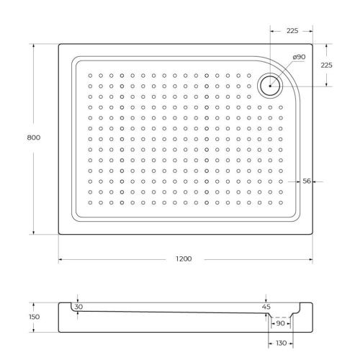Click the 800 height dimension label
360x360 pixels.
tap(23, 137)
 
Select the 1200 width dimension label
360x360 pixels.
tap(184, 259)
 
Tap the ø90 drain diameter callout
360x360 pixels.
tap(299, 57)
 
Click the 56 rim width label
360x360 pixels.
tap(307, 181)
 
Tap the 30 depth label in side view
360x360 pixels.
tap(78, 307)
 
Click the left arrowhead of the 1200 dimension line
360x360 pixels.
tap(60, 259)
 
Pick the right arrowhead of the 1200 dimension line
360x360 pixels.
tap(310, 259)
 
